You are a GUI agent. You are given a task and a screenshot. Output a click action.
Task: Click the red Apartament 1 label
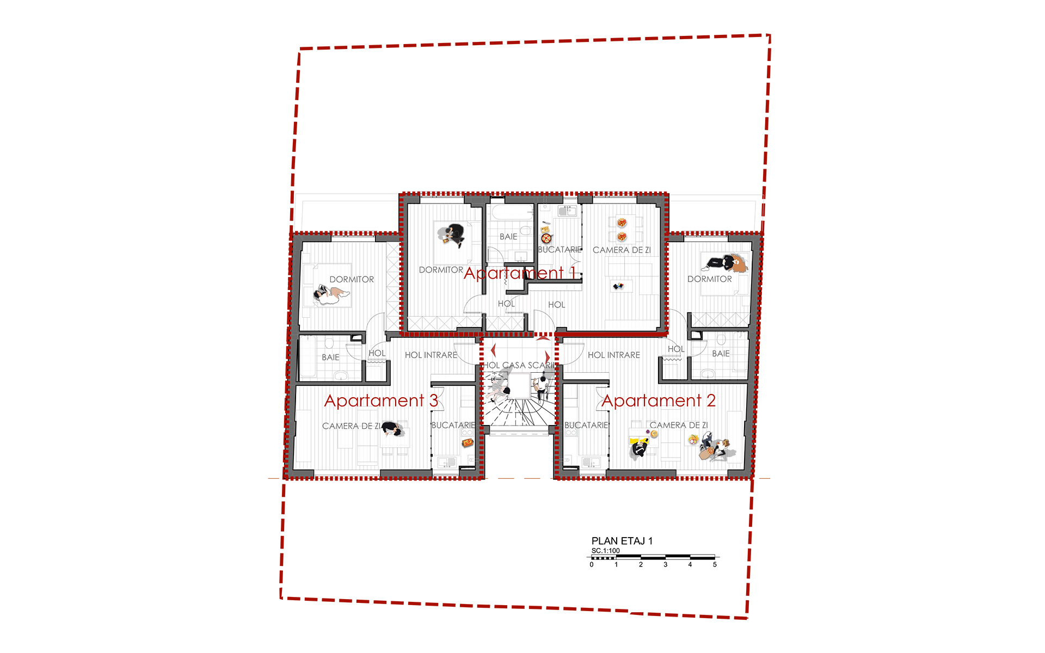pyautogui.click(x=520, y=273)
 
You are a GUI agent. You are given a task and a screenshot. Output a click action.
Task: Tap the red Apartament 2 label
pyautogui.click(x=659, y=401)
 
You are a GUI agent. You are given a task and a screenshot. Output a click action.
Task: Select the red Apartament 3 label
pyautogui.click(x=381, y=401)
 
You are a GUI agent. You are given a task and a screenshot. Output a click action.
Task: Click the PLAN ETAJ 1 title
pyautogui.click(x=622, y=541)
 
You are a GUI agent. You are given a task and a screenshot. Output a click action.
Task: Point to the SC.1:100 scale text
pyautogui.click(x=606, y=551)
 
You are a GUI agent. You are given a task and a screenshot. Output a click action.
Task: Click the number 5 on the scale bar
pyautogui.click(x=715, y=565)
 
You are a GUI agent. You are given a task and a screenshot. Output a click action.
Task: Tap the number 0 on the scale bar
pyautogui.click(x=592, y=565)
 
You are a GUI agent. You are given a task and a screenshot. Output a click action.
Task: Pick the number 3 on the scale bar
pyautogui.click(x=665, y=565)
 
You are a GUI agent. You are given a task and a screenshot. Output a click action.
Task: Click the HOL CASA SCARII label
pyautogui.click(x=520, y=365)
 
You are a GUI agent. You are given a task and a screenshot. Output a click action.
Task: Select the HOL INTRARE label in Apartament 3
pyautogui.click(x=431, y=355)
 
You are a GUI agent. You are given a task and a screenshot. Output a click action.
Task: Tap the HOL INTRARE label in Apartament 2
pyautogui.click(x=614, y=355)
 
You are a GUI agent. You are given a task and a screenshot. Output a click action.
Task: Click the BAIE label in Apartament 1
pyautogui.click(x=508, y=237)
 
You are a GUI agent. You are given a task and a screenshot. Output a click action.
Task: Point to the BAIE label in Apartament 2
pyautogui.click(x=721, y=354)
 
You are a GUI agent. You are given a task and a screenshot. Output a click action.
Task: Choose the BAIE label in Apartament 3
pyautogui.click(x=330, y=358)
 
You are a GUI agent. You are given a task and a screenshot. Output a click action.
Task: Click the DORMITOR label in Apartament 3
pyautogui.click(x=352, y=279)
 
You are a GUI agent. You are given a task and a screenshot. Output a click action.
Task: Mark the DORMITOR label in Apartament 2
pyautogui.click(x=710, y=279)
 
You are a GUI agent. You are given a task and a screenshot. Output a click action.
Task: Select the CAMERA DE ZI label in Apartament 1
pyautogui.click(x=622, y=250)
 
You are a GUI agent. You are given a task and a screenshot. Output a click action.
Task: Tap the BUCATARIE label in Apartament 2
pyautogui.click(x=586, y=425)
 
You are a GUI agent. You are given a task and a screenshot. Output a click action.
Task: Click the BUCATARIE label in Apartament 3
pyautogui.click(x=453, y=425)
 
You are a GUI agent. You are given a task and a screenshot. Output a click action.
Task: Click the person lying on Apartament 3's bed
pyautogui.click(x=330, y=295)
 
